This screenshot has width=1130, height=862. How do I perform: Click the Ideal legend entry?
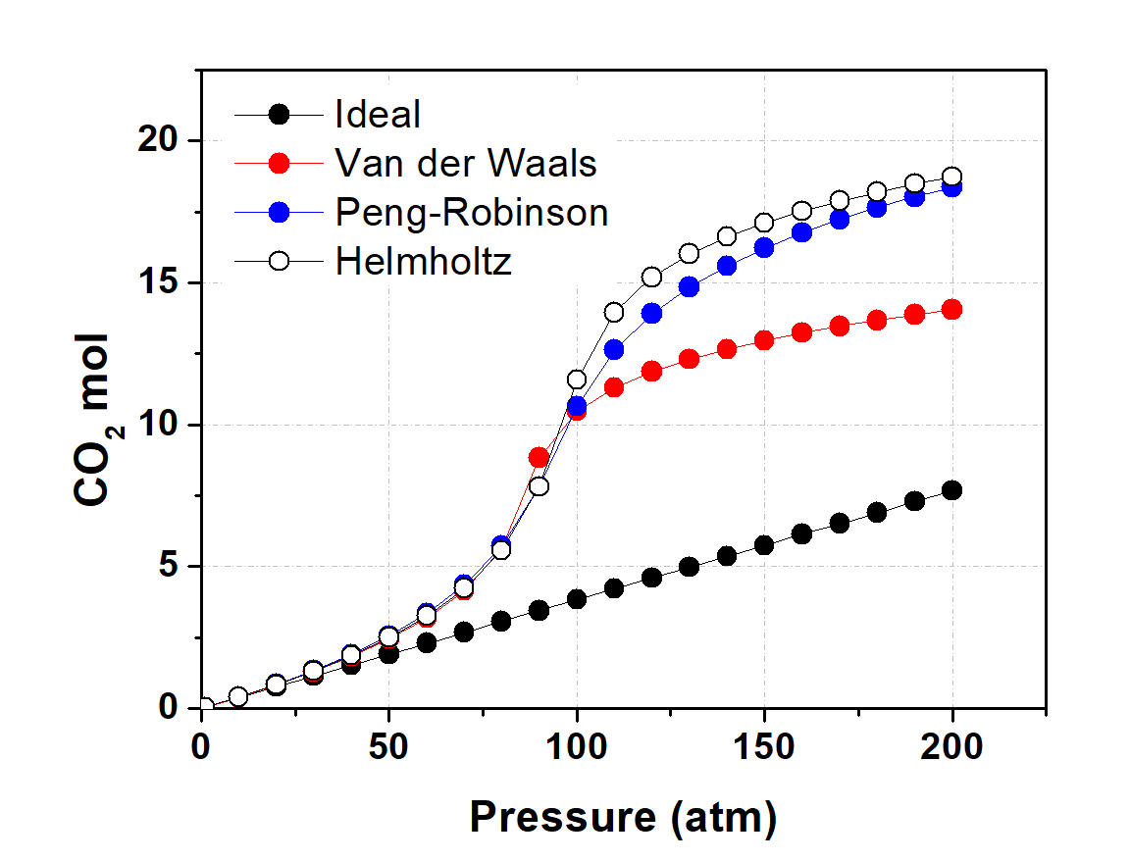[378, 115]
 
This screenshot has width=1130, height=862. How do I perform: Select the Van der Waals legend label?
[466, 163]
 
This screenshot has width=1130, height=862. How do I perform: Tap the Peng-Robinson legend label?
[471, 212]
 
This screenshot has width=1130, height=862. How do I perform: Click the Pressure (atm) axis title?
[623, 815]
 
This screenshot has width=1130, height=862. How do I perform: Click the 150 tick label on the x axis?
[764, 747]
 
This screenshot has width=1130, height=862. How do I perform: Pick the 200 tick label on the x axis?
[951, 747]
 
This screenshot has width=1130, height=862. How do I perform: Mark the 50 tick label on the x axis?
[388, 747]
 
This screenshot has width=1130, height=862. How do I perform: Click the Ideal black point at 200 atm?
[951, 490]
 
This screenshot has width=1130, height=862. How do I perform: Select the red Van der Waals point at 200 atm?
[951, 309]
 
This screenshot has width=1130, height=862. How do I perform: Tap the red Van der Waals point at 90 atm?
[539, 457]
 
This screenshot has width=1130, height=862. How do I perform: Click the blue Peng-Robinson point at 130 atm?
[689, 286]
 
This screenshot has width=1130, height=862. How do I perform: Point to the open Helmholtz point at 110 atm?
[614, 312]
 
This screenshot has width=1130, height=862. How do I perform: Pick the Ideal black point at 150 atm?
[764, 545]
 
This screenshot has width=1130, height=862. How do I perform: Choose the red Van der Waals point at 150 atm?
[764, 340]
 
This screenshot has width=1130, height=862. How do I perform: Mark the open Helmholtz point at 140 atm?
[727, 236]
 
